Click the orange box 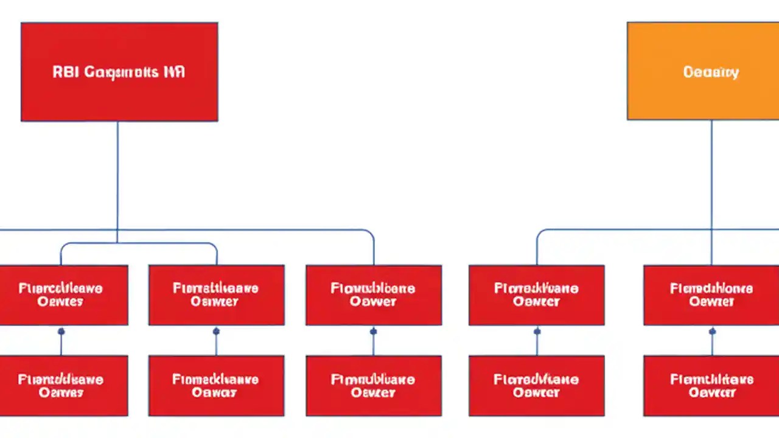(703, 71)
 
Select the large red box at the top (119, 72)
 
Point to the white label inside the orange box (711, 72)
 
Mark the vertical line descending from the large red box (117, 176)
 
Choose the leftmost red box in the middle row (63, 295)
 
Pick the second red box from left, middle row (216, 295)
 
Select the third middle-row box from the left (373, 295)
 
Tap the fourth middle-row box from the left (536, 295)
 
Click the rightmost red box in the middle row (711, 295)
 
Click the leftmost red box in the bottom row (63, 386)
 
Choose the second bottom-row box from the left (216, 386)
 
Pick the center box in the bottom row (373, 386)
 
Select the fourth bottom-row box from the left (536, 386)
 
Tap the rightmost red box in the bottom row (711, 386)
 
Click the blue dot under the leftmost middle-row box (61, 332)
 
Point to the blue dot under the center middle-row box (373, 332)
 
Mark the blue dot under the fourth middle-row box (537, 332)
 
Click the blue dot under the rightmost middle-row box (712, 332)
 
